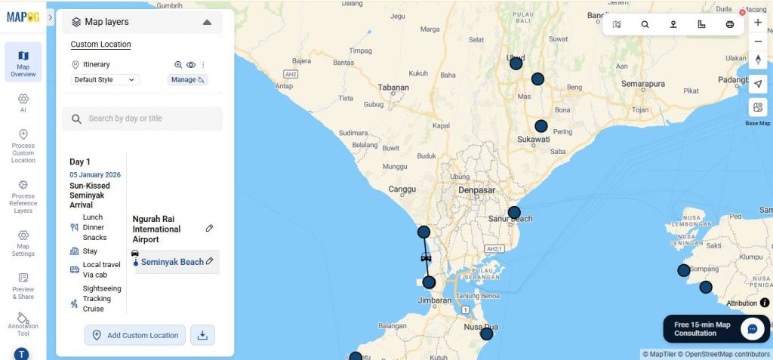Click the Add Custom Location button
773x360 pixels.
click(x=134, y=335)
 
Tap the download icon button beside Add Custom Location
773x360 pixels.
click(x=202, y=335)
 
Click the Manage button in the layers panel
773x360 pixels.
click(x=187, y=79)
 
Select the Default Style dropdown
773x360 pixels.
click(x=105, y=79)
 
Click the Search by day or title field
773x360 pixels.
click(x=142, y=118)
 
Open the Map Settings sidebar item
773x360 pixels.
click(x=23, y=243)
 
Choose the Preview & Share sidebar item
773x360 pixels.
click(x=23, y=286)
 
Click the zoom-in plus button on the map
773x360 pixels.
click(x=758, y=23)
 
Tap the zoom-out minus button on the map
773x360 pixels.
click(x=758, y=42)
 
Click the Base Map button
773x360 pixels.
click(x=758, y=107)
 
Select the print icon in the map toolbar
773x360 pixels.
click(x=730, y=24)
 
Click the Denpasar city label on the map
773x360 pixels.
click(x=477, y=190)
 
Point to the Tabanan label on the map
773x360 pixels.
click(x=393, y=87)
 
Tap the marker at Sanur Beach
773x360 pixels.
click(x=514, y=212)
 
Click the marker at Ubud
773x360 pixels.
click(x=516, y=63)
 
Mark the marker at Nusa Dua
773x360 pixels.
click(x=486, y=333)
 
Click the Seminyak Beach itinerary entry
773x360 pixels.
click(x=172, y=262)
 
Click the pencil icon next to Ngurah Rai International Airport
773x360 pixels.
click(x=209, y=228)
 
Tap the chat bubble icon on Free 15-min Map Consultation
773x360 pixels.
click(x=752, y=328)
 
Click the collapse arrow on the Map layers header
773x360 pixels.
click(x=207, y=22)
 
